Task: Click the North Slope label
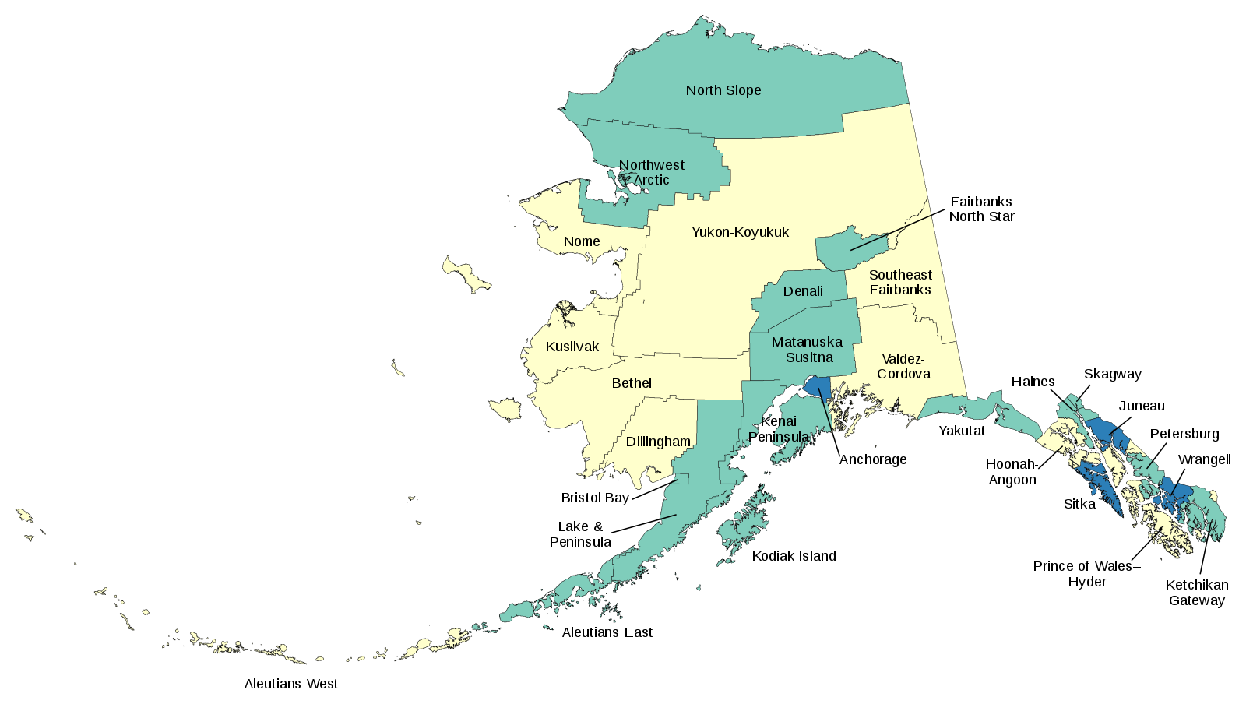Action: pyautogui.click(x=723, y=90)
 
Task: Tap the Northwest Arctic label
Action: pyautogui.click(x=652, y=172)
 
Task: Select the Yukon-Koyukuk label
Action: pyautogui.click(x=740, y=232)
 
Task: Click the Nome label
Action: pyautogui.click(x=582, y=241)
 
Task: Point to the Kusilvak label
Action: pyautogui.click(x=572, y=347)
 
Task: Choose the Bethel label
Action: pyautogui.click(x=632, y=383)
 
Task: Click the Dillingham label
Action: pyautogui.click(x=658, y=442)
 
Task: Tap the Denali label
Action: pyautogui.click(x=803, y=291)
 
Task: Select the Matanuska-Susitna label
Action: pyautogui.click(x=808, y=350)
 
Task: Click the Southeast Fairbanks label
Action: pyautogui.click(x=900, y=282)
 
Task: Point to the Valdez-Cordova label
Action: pyautogui.click(x=903, y=366)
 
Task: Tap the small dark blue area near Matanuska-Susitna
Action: pyautogui.click(x=818, y=387)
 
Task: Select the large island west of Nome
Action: pyautogui.click(x=465, y=275)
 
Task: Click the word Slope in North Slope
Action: pyautogui.click(x=743, y=90)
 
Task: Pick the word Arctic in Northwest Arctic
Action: pyautogui.click(x=651, y=180)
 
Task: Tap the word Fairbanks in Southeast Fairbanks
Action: pyautogui.click(x=900, y=290)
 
